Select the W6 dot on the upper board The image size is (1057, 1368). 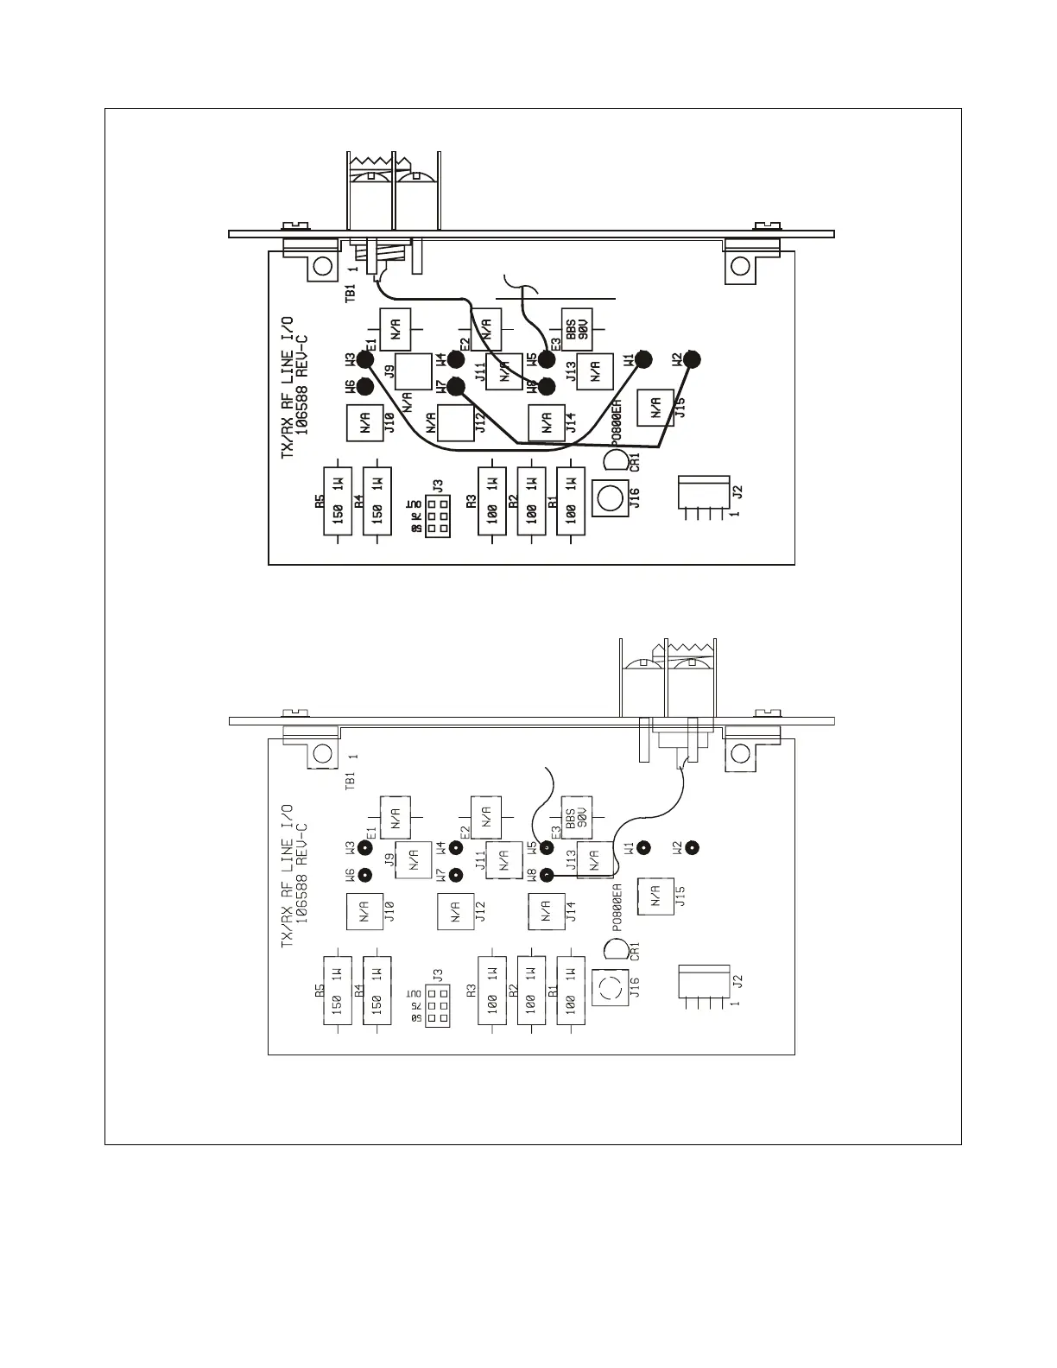(366, 387)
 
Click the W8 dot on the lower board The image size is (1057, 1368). (547, 874)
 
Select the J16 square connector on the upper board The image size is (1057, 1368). (610, 498)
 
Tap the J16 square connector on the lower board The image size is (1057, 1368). (610, 987)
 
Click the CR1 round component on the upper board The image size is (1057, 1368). (616, 460)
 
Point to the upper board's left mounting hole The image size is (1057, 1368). (323, 264)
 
